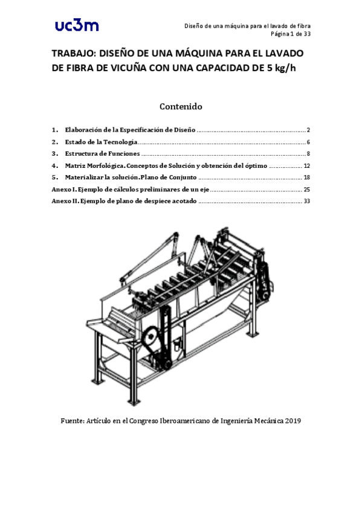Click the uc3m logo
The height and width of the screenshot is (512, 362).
coord(76,25)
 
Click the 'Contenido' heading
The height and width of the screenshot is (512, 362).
coord(180,106)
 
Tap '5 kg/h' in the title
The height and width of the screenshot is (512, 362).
coord(282,68)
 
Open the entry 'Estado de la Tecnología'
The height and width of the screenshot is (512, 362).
coord(101,142)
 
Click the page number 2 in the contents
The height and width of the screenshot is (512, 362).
coord(308,130)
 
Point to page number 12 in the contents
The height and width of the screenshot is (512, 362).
coord(306,165)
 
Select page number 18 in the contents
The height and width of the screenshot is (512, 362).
coord(306,178)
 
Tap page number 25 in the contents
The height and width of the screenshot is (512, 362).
coord(306,190)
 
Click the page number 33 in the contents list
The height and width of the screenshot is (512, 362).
coord(306,201)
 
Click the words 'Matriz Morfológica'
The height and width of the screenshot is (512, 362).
coord(94,165)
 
